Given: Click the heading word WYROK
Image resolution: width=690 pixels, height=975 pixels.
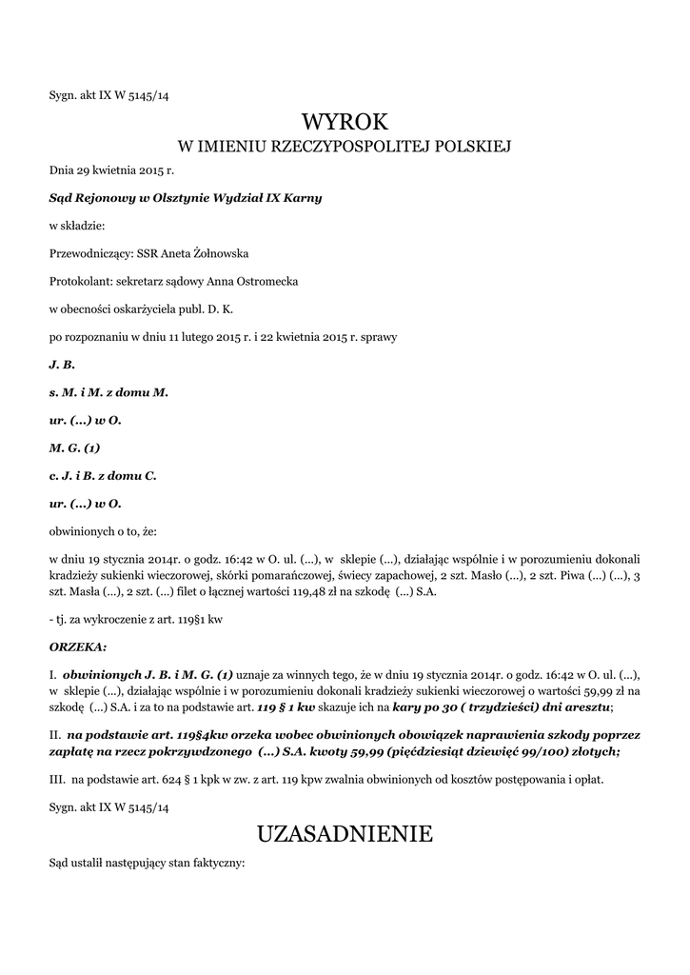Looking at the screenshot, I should [345, 122].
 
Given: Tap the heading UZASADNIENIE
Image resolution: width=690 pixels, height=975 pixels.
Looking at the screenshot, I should [345, 834].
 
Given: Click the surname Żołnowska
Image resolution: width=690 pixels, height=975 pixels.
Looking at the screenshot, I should [219, 253].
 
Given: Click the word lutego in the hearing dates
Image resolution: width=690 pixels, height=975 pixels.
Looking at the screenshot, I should [199, 336].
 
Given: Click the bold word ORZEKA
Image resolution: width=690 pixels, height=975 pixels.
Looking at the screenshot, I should [76, 646].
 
